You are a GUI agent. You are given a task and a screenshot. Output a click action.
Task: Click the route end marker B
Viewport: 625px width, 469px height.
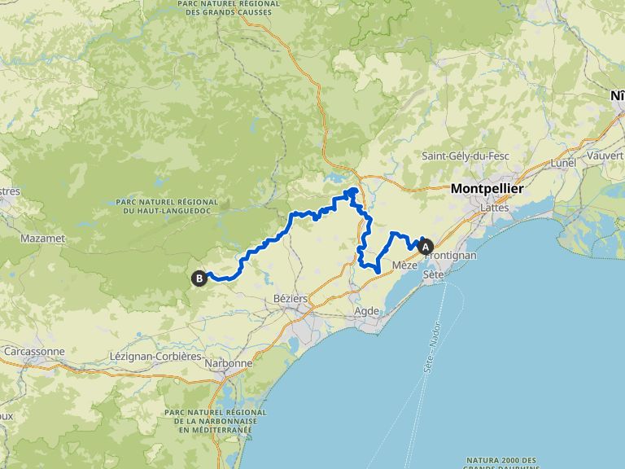(x=199, y=278)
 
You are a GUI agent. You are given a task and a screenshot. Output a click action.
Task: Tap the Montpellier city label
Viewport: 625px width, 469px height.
(x=487, y=189)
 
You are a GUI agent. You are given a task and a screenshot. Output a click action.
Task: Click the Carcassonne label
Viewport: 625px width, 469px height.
(x=34, y=351)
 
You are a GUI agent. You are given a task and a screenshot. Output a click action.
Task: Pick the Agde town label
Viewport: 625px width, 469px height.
(x=368, y=311)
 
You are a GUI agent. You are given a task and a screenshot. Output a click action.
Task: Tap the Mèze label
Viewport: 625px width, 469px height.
(x=404, y=265)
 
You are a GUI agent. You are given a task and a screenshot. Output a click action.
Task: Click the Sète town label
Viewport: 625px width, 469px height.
(x=433, y=275)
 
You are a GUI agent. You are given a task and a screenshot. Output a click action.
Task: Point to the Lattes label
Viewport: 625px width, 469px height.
(x=495, y=208)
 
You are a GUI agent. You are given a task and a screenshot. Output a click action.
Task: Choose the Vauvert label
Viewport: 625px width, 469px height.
(x=604, y=155)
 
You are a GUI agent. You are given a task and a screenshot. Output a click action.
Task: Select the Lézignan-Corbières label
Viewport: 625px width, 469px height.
(x=155, y=357)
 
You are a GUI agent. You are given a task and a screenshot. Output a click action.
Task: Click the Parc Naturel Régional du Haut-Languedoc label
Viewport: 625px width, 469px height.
(x=167, y=206)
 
